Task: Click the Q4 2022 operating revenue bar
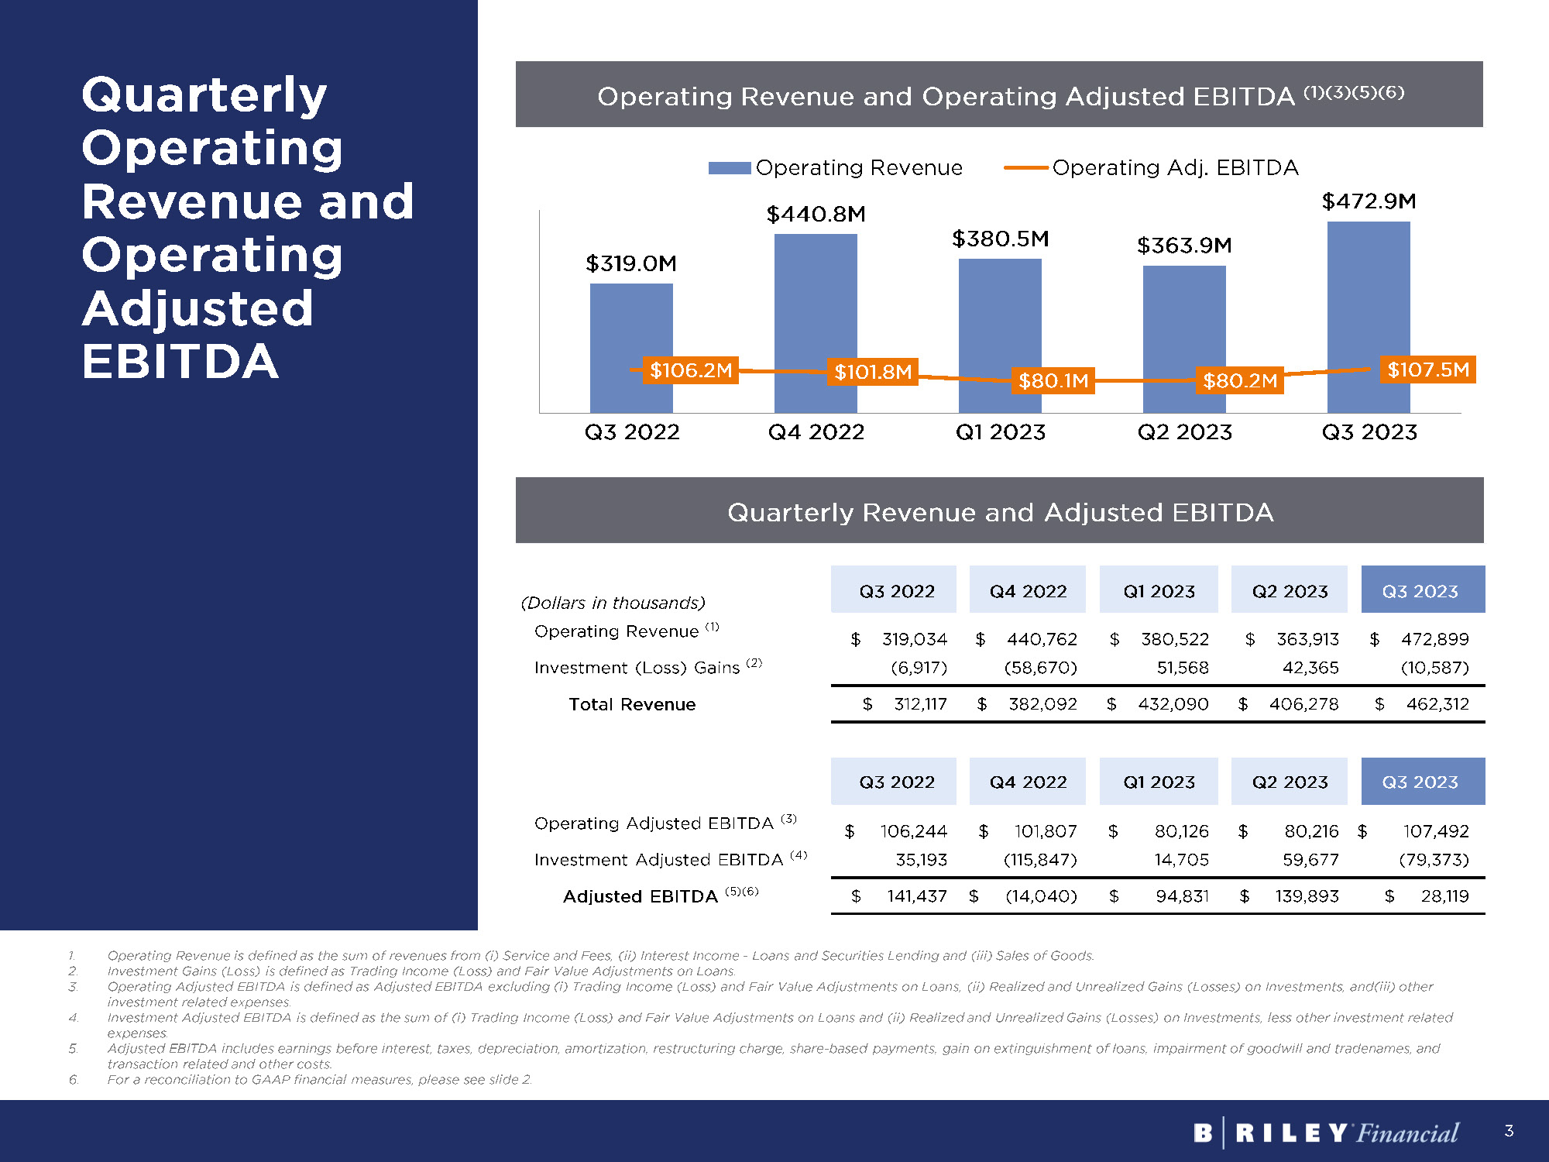[x=816, y=294]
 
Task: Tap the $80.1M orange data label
[x=1053, y=380]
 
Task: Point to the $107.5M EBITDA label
[x=1427, y=370]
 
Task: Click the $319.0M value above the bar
[x=631, y=263]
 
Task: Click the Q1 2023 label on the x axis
[x=1000, y=431]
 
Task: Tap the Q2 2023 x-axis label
[x=1184, y=431]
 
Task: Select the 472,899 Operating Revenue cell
[x=1434, y=639]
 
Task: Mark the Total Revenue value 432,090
[x=1173, y=704]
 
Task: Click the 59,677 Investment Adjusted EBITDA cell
[x=1310, y=860]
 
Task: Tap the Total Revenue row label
[x=632, y=704]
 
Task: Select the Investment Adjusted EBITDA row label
[x=658, y=860]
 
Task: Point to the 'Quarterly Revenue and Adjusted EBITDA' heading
[x=1000, y=512]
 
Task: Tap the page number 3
[x=1509, y=1131]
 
